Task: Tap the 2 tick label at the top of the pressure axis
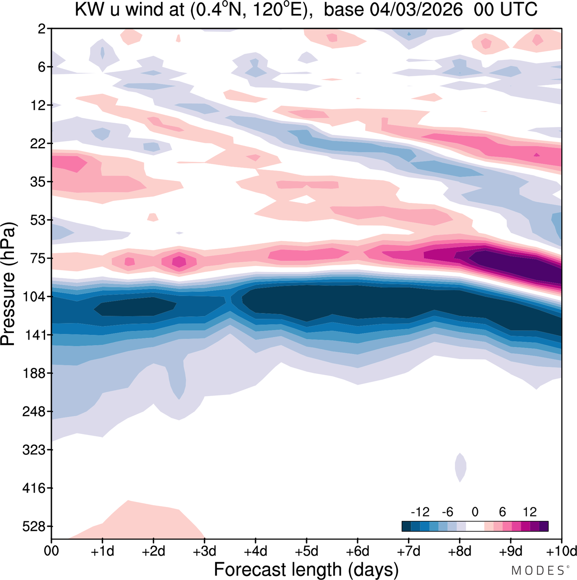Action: (x=42, y=29)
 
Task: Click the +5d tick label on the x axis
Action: (x=307, y=551)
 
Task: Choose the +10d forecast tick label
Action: (x=562, y=551)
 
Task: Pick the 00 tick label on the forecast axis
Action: (x=51, y=551)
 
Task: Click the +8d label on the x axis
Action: (x=460, y=551)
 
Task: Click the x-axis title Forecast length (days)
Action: (x=306, y=569)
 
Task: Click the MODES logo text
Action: (x=537, y=571)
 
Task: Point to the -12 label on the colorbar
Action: (x=420, y=512)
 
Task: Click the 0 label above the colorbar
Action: (x=475, y=512)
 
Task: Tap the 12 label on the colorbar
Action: (x=530, y=512)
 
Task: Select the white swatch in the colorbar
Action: (x=475, y=526)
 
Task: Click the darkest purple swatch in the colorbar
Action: (x=544, y=526)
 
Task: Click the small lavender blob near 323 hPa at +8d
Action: (x=460, y=468)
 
